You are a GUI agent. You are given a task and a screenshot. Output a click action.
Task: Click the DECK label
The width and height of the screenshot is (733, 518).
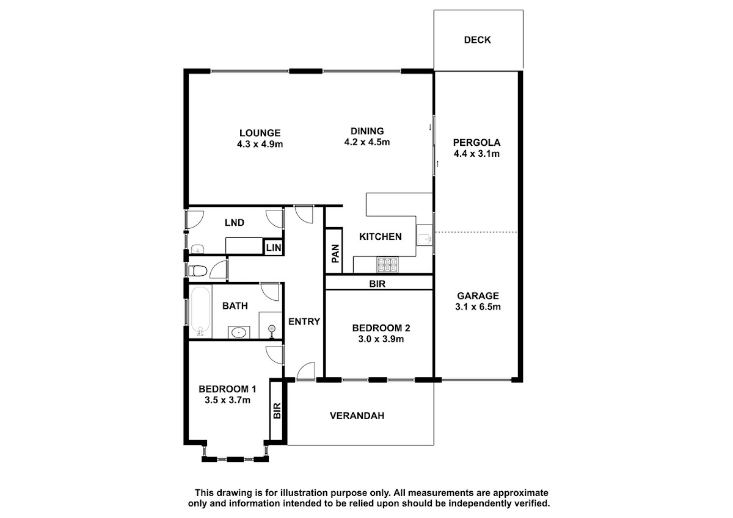coord(477,40)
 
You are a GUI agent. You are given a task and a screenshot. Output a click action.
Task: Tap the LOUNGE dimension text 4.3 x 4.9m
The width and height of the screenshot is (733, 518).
coord(260,144)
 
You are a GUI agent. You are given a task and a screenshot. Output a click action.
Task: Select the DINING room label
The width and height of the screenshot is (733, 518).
coord(367,131)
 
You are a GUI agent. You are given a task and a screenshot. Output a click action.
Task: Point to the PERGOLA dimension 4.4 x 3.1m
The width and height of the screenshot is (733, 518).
coord(476,154)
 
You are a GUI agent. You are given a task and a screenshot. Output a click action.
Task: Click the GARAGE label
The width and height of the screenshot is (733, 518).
coord(478,296)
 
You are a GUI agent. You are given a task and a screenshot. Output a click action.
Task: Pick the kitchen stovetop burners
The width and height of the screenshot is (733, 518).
coord(388,264)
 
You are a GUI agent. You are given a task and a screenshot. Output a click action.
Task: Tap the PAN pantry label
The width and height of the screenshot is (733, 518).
coord(335,254)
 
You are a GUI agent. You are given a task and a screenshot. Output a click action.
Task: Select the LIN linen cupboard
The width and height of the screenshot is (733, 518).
coord(274,247)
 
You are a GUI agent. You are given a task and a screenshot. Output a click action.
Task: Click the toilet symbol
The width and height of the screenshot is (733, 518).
coord(198,271)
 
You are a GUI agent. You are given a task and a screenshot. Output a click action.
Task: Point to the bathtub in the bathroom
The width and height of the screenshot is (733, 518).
coord(200,311)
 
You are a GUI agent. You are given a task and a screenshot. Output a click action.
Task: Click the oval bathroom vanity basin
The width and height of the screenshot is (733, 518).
coord(239,333)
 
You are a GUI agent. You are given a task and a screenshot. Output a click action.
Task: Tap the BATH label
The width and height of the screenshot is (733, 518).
coord(235,306)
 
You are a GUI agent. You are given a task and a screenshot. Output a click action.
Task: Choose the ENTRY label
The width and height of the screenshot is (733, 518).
coord(304,322)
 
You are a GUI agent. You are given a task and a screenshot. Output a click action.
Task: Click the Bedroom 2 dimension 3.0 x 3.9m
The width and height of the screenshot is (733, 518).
coord(381,339)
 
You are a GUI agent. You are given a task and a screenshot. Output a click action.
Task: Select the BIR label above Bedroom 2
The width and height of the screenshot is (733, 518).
coord(377,284)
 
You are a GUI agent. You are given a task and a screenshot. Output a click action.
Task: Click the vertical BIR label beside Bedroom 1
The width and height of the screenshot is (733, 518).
coord(277,411)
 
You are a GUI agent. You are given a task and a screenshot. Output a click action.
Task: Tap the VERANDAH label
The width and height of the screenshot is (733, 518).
coord(357,415)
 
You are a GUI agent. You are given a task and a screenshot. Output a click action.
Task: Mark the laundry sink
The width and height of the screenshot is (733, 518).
coord(198,250)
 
